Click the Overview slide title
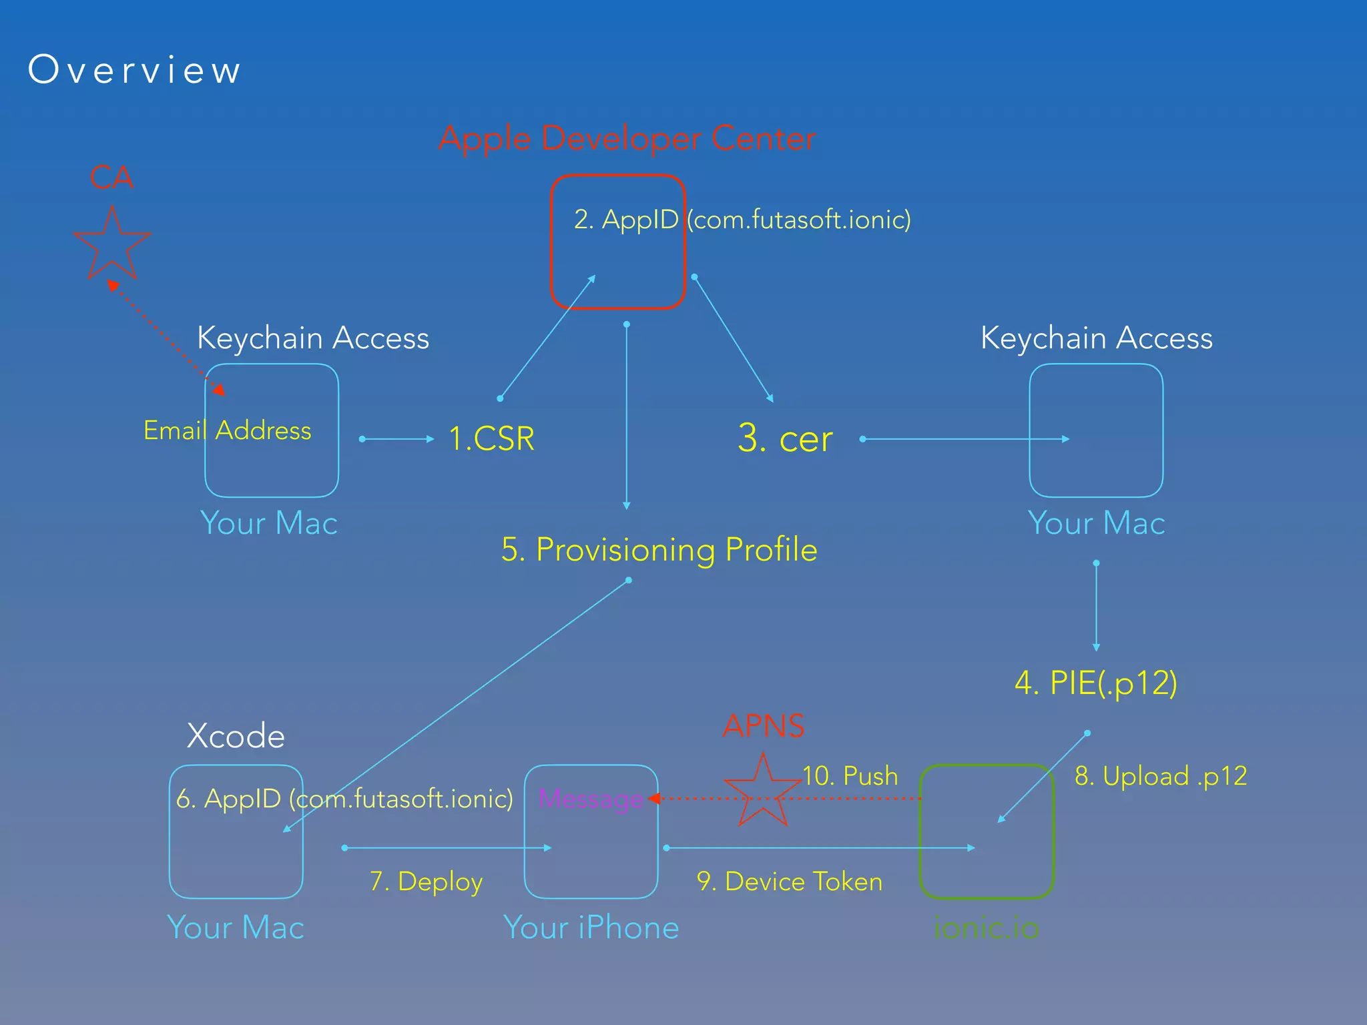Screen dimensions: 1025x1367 point(134,69)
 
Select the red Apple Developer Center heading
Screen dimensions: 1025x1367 point(627,139)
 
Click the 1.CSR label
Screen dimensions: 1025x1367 point(491,439)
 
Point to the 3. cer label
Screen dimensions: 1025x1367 point(785,439)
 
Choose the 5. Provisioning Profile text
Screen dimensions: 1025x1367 point(659,550)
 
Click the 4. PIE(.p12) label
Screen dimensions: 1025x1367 point(1095,683)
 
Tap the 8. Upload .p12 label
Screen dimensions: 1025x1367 point(1160,776)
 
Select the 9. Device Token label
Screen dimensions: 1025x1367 point(789,882)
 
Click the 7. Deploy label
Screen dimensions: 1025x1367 point(426,882)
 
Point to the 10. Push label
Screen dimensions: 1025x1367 point(850,776)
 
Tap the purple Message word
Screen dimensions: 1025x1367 point(591,799)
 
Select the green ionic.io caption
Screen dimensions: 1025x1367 point(986,928)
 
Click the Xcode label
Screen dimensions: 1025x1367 point(236,736)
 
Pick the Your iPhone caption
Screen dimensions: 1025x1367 point(591,928)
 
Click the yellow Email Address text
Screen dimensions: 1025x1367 point(227,430)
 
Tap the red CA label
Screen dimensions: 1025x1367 point(111,178)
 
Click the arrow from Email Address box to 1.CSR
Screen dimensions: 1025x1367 point(397,439)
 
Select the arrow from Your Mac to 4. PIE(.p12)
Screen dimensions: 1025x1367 point(1096,606)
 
